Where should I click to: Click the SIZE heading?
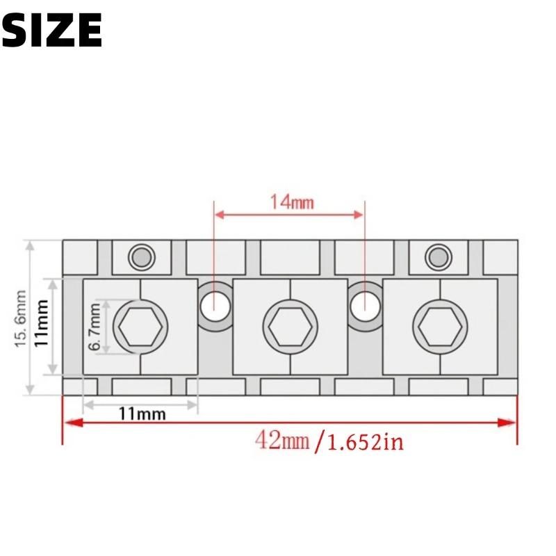[52, 30]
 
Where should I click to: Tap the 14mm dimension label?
[292, 202]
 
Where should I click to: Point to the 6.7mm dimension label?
[95, 328]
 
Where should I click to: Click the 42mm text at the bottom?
[281, 440]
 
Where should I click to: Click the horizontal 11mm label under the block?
[142, 414]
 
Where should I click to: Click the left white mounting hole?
[214, 304]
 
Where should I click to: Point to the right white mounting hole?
[364, 304]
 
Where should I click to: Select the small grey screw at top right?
[438, 257]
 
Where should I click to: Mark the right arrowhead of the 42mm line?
[512, 423]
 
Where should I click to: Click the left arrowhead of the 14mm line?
[218, 215]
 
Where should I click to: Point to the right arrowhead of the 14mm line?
[360, 215]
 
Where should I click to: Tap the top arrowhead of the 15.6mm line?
[30, 245]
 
